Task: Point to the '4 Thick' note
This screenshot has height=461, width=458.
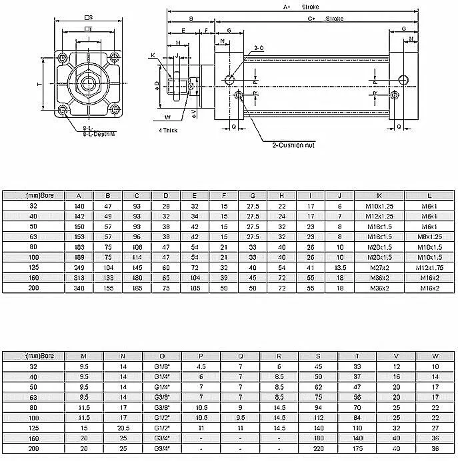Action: pyautogui.click(x=169, y=131)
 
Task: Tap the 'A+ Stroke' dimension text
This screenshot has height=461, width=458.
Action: pyautogui.click(x=299, y=7)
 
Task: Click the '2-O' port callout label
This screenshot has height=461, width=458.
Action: pyautogui.click(x=259, y=49)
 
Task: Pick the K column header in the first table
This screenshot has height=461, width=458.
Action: pyautogui.click(x=379, y=196)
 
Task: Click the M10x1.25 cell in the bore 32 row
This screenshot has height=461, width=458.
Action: pyautogui.click(x=379, y=207)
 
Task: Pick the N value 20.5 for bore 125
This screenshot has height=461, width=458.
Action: pyautogui.click(x=122, y=428)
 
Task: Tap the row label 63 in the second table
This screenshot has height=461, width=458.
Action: pyautogui.click(x=34, y=397)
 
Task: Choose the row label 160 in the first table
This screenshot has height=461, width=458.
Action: pyautogui.click(x=34, y=278)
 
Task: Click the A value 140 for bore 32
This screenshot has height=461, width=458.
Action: pyautogui.click(x=79, y=207)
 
